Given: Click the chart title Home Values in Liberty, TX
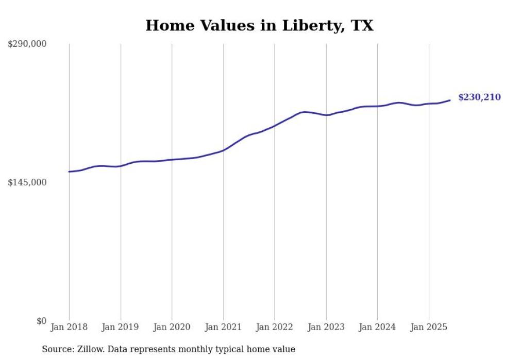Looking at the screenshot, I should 259,26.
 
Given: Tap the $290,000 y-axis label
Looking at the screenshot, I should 27,44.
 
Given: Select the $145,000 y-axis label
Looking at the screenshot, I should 27,182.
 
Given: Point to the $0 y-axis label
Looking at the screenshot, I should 41,321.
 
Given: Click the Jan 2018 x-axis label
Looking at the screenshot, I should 69,327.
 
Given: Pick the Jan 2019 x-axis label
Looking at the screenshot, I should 121,327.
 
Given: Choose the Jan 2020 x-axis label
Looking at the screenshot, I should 172,327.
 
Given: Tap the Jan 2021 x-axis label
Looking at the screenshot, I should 223,327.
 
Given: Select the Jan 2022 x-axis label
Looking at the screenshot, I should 275,327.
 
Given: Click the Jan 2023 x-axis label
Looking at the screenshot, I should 326,327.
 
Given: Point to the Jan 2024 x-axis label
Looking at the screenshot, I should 377,327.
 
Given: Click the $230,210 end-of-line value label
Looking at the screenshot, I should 479,97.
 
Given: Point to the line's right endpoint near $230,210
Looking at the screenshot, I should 450,100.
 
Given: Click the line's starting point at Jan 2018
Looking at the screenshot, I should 69,172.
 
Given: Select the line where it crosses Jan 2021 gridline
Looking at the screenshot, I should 223,150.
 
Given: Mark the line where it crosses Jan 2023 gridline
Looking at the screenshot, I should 326,115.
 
